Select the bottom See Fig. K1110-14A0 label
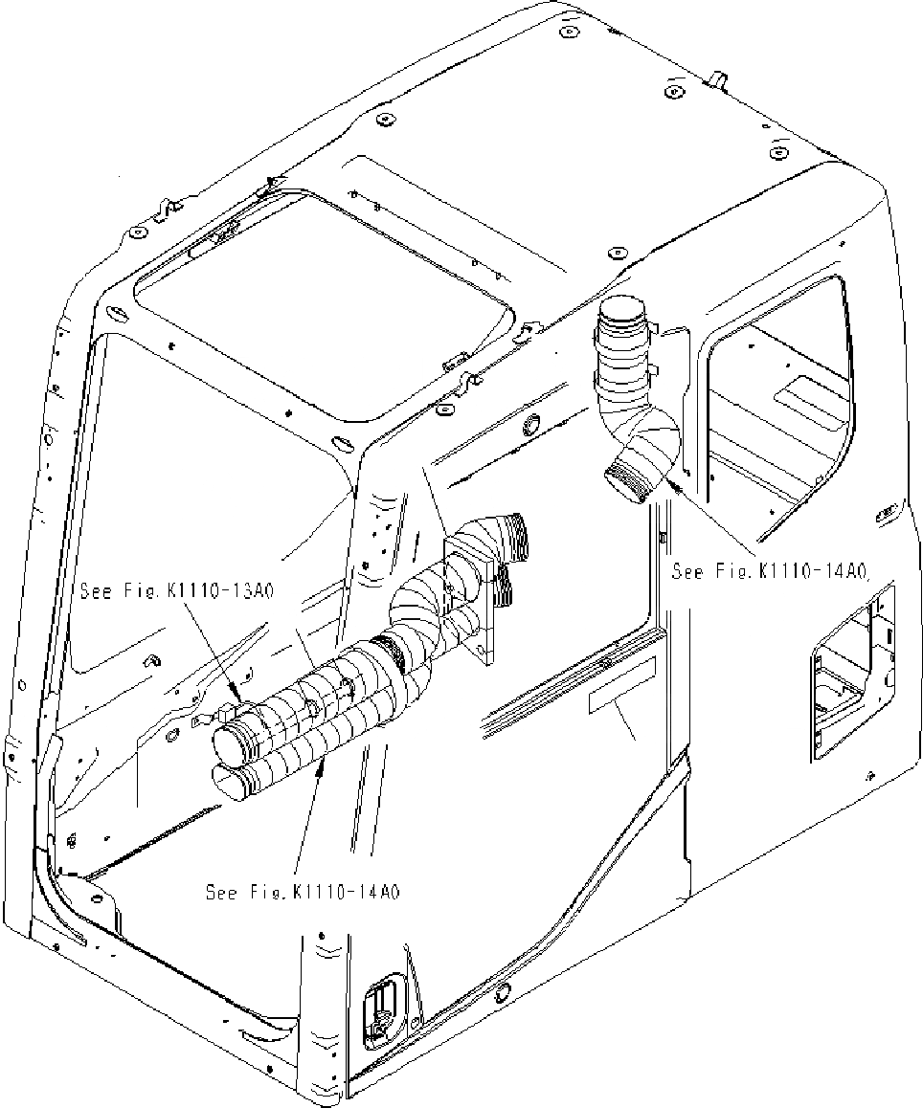(303, 892)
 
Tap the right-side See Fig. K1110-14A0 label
(769, 572)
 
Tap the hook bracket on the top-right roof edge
(714, 78)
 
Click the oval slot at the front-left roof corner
(113, 313)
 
